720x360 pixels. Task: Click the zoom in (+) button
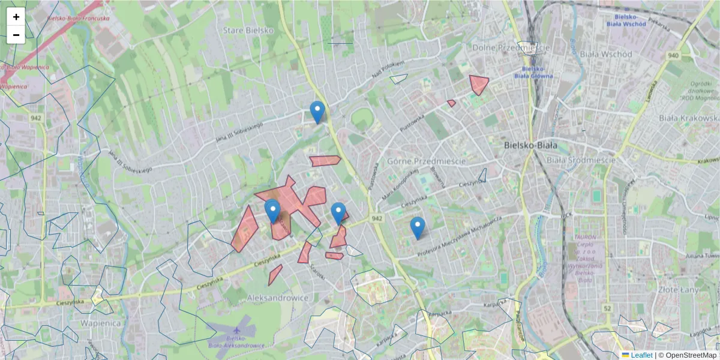[16, 17]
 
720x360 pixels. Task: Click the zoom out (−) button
[16, 35]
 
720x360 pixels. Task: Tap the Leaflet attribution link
[641, 355]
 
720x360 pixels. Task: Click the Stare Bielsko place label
[248, 30]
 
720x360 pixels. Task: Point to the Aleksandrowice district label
[278, 298]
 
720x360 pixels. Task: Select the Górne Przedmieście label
[427, 161]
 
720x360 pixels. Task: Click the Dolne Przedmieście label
[511, 47]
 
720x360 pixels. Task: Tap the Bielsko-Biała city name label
[530, 145]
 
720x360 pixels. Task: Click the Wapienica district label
[99, 322]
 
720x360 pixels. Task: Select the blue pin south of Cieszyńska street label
[418, 227]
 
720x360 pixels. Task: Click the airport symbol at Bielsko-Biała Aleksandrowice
[238, 331]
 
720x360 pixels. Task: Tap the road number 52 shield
[607, 308]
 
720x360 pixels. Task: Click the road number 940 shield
[673, 56]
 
